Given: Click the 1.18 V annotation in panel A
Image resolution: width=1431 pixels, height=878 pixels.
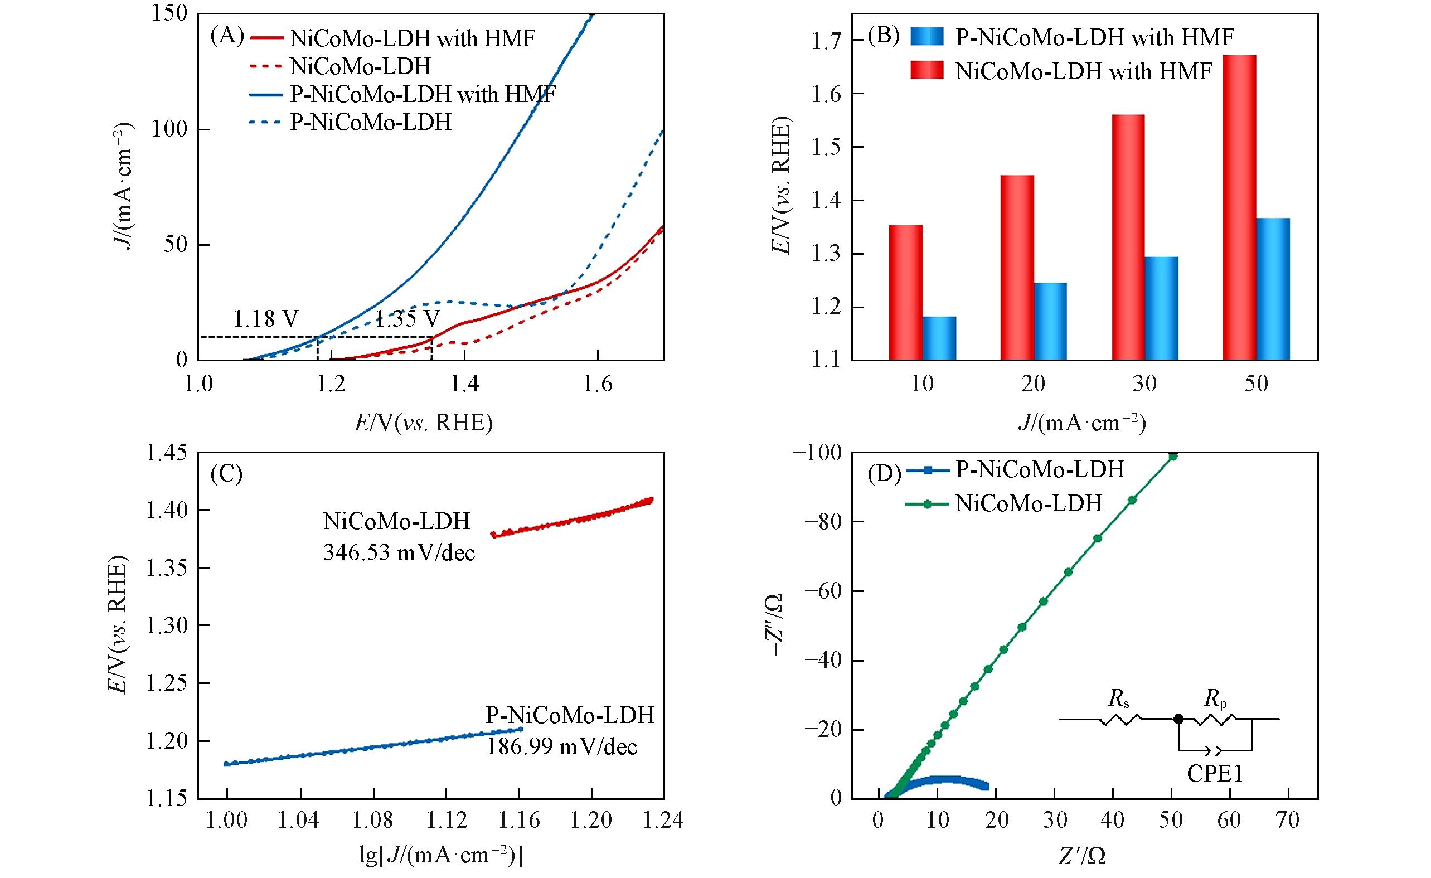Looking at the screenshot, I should tap(266, 319).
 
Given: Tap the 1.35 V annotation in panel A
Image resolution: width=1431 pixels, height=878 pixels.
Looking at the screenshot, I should tap(406, 319).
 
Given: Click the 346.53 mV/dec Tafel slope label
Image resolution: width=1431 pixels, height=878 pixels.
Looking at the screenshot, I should tap(399, 552).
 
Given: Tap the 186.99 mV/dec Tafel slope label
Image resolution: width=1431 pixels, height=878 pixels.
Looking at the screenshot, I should tap(561, 746).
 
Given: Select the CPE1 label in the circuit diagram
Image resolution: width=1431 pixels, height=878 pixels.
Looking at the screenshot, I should tap(1214, 774).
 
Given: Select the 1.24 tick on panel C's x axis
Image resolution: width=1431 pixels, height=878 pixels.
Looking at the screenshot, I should tap(664, 820).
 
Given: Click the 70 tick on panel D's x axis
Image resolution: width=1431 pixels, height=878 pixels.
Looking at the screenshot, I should tap(1288, 820).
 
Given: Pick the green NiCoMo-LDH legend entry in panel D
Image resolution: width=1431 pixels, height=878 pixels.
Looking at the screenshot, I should tap(1029, 503).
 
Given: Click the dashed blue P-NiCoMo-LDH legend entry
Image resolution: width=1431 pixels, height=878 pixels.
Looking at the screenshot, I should tap(371, 122).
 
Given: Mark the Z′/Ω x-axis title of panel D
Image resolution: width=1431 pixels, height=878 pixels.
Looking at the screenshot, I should tap(1081, 855).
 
